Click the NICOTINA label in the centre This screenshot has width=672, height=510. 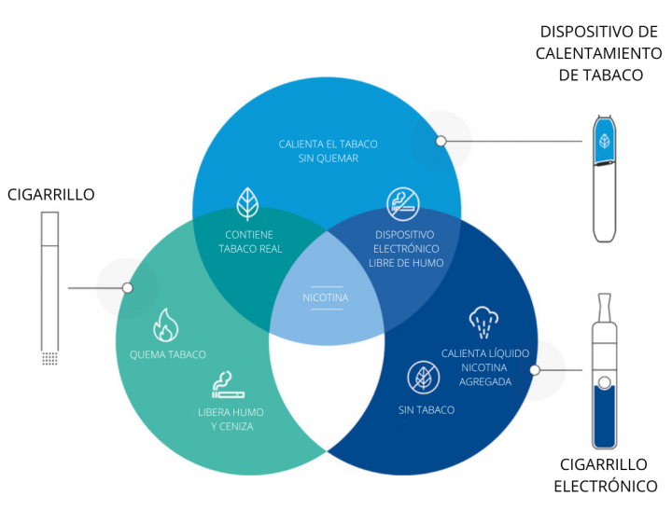(x=326, y=298)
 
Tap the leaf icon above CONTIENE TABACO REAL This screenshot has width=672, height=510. (x=249, y=202)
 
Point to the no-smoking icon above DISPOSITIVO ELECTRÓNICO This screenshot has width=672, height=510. (x=404, y=204)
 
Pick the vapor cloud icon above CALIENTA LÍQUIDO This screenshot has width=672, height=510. (x=484, y=323)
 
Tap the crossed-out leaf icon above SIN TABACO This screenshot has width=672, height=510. (x=425, y=377)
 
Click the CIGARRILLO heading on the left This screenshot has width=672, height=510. (x=51, y=194)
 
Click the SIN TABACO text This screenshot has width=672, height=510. (x=426, y=410)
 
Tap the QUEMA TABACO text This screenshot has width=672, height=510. (x=168, y=355)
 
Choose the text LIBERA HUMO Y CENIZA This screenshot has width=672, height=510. (x=225, y=419)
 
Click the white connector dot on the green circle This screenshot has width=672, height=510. (x=128, y=288)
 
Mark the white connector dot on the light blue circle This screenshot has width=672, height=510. (x=441, y=141)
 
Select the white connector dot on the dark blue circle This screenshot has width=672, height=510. (x=535, y=370)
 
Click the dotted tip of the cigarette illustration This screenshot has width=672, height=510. (x=49, y=358)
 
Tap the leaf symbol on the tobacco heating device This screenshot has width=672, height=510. (x=605, y=142)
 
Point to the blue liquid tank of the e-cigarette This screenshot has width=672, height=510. (x=605, y=414)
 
